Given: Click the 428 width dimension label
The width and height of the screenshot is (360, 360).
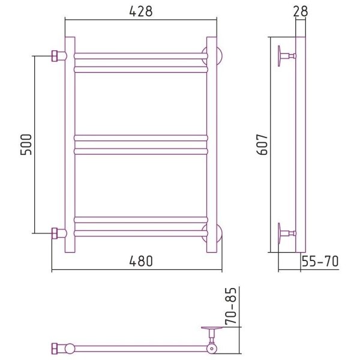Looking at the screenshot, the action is coord(141,11).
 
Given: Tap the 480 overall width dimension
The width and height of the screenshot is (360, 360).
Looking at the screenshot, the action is coord(141,261).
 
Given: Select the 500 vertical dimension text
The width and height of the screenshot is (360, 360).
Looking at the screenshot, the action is coord(26,145).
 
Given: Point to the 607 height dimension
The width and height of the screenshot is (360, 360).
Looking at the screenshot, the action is coord(262,145).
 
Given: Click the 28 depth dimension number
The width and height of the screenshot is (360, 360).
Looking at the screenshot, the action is coord(301,11).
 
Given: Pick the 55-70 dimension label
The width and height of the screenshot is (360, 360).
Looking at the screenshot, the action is coord(320,261).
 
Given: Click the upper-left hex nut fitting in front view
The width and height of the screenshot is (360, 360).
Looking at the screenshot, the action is coord(55,56).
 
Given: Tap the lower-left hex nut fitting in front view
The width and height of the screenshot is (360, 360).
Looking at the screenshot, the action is coord(55,233).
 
